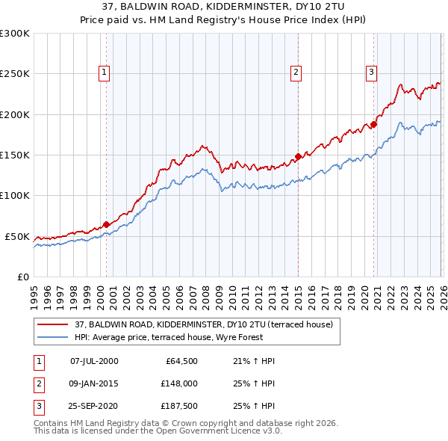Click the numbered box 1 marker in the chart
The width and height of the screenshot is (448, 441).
(x=103, y=73)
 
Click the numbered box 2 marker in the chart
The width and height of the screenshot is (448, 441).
(x=296, y=73)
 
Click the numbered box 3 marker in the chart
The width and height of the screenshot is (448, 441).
(x=371, y=73)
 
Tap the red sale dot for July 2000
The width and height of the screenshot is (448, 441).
(x=106, y=224)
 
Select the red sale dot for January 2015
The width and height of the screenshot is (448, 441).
(x=298, y=156)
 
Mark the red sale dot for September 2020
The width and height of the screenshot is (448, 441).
(x=374, y=125)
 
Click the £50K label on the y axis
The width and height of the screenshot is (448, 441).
(x=17, y=236)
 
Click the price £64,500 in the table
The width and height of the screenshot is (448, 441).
(x=179, y=361)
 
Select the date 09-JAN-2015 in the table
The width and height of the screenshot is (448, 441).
(x=93, y=384)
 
